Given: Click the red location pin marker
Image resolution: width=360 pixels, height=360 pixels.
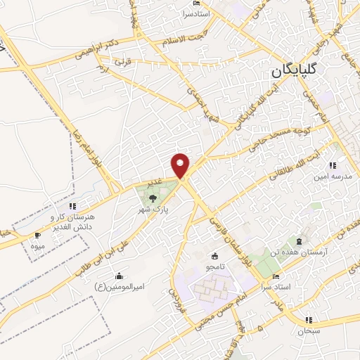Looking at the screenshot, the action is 181,166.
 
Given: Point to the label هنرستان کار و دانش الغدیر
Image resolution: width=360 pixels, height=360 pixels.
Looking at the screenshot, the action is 70,223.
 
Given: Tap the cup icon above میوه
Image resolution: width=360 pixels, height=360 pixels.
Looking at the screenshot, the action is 37,236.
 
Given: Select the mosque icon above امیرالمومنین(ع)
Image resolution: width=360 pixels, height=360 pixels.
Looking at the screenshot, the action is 118,275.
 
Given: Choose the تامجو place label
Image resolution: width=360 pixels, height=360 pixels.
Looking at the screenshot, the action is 214,268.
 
